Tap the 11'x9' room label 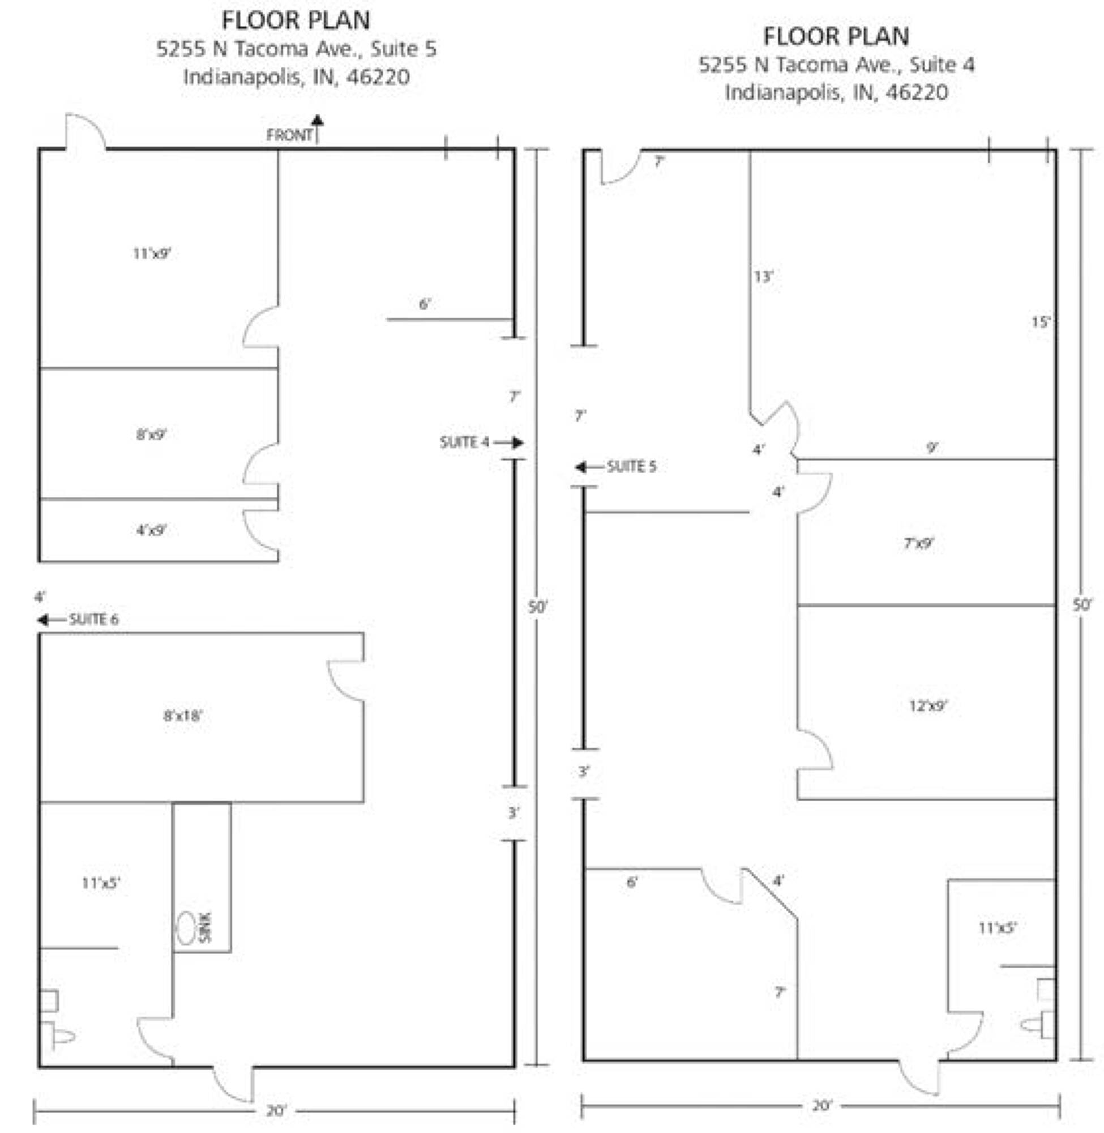[152, 254]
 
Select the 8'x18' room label [183, 715]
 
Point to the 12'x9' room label [928, 705]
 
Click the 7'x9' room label [919, 543]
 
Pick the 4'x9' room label [151, 530]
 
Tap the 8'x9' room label [151, 434]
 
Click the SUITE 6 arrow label [78, 620]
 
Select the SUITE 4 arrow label [482, 442]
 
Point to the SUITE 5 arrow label [616, 466]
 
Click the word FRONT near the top [289, 135]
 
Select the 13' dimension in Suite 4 [764, 276]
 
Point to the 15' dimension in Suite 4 [1041, 322]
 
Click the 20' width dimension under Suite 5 [276, 1110]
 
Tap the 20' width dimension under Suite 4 [822, 1105]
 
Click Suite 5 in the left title [404, 49]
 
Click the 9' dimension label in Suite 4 [932, 448]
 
